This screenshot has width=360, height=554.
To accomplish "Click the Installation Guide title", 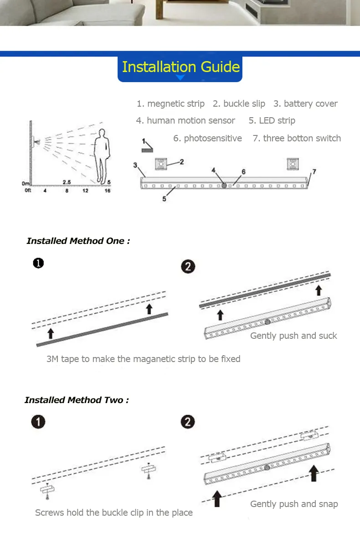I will [x=180, y=67].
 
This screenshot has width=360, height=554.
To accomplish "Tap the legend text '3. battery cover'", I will [x=305, y=104].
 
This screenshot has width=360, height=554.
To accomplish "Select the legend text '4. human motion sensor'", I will [x=185, y=120].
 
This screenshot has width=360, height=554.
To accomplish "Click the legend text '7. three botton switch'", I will [x=297, y=138].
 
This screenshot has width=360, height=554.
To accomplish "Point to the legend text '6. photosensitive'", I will [x=207, y=138].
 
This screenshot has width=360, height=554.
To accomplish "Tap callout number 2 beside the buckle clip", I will [x=181, y=161].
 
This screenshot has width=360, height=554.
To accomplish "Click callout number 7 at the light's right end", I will [x=314, y=172].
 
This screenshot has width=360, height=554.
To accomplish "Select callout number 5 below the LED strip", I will [x=165, y=198].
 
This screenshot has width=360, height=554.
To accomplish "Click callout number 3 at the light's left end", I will [x=135, y=165].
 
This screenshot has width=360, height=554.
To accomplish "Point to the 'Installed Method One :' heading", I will [x=78, y=241].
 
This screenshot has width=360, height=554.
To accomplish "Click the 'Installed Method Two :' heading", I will [x=77, y=400].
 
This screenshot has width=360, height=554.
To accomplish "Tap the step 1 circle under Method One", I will [x=38, y=263].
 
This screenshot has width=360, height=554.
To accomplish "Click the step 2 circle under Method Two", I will [x=188, y=422].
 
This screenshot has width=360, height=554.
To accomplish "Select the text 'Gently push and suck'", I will [x=293, y=336].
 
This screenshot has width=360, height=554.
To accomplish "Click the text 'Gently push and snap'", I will [x=294, y=504].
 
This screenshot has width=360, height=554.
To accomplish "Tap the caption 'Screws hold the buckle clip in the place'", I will [x=114, y=513].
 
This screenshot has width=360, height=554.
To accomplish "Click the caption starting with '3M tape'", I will [x=143, y=359].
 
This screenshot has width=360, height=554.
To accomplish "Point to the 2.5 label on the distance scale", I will [x=67, y=182].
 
